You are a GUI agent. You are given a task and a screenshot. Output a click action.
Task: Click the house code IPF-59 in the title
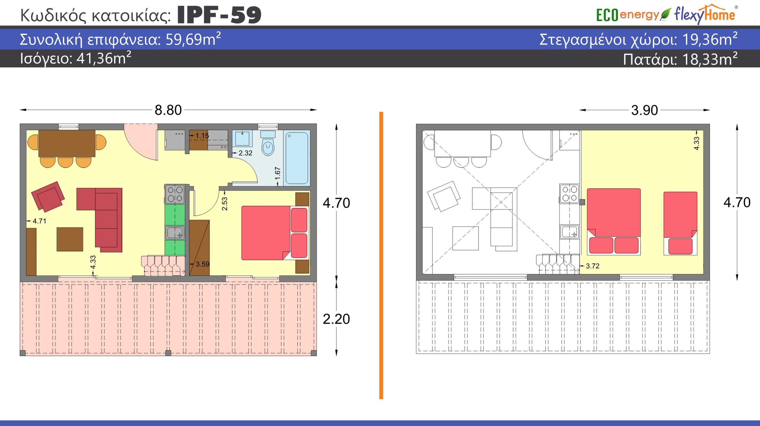tap(219, 15)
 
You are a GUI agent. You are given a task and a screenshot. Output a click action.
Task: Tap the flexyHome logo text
tap(704, 14)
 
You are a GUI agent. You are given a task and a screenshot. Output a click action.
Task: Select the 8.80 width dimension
tap(168, 110)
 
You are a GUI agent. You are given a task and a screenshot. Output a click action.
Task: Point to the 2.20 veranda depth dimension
tap(336, 319)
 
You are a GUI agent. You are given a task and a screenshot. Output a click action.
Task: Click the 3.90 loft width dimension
tap(645, 110)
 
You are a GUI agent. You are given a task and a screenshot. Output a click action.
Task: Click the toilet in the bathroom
tap(268, 143)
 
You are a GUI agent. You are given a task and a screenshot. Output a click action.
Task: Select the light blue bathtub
tap(297, 158)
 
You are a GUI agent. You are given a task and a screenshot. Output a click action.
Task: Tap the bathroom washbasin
tap(242, 138)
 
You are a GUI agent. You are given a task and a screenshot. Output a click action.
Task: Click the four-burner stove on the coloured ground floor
tap(175, 194)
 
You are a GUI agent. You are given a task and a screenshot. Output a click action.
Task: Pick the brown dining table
tap(67, 143)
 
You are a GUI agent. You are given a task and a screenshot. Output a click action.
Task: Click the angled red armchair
tap(48, 197)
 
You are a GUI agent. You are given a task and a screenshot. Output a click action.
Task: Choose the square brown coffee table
tap(70, 239)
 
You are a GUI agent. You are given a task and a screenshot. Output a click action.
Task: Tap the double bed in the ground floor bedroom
tap(275, 233)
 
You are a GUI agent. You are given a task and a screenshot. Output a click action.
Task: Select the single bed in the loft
tap(680, 223)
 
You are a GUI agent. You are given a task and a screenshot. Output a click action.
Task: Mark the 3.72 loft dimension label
tap(593, 266)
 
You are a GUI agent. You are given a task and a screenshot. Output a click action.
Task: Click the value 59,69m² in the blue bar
tap(193, 39)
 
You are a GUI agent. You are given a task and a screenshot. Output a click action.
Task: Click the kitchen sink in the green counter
tap(175, 233)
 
